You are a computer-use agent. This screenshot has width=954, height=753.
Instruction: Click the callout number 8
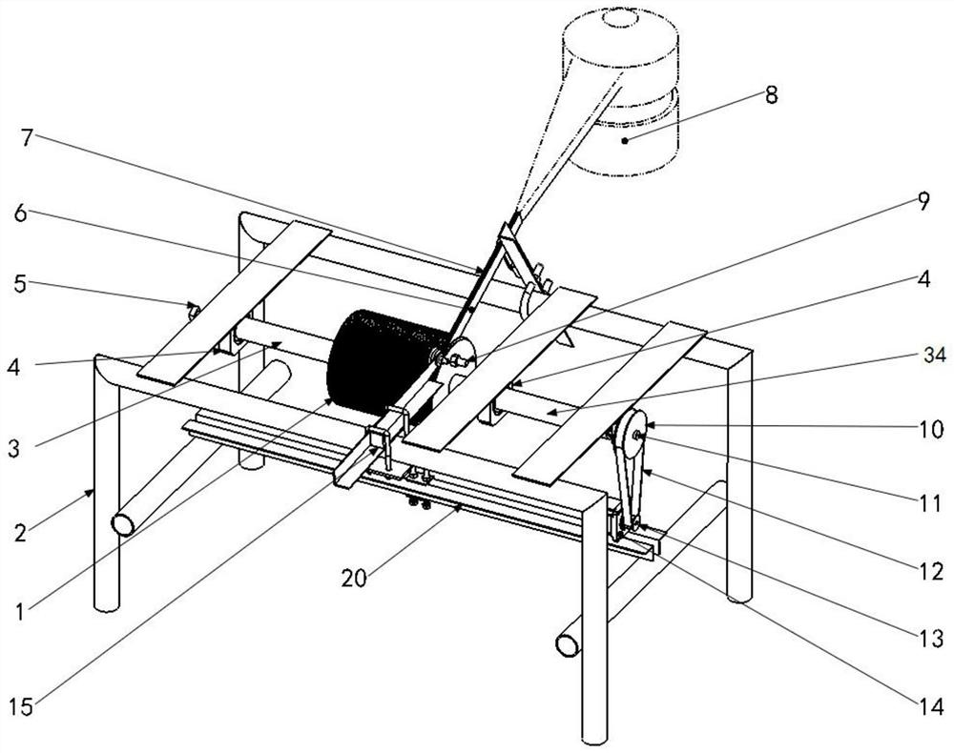[772, 94]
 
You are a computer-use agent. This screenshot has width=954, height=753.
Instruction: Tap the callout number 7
[26, 138]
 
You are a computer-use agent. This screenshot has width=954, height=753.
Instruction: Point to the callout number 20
[354, 578]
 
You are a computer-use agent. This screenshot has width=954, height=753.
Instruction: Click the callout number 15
[21, 707]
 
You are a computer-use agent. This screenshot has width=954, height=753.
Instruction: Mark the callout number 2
[21, 533]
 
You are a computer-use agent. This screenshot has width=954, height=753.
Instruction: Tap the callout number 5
[21, 284]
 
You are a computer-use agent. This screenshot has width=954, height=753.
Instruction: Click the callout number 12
[931, 571]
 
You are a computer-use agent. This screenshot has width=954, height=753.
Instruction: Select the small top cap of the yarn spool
[621, 16]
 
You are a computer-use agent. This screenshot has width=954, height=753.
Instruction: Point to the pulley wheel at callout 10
[632, 437]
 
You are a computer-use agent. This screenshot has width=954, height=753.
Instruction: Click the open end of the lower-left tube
[123, 524]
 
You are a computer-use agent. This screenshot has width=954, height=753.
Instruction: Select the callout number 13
[931, 638]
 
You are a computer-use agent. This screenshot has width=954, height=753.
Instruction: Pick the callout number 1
[21, 611]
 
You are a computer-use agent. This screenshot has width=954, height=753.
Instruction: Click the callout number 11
[930, 504]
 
